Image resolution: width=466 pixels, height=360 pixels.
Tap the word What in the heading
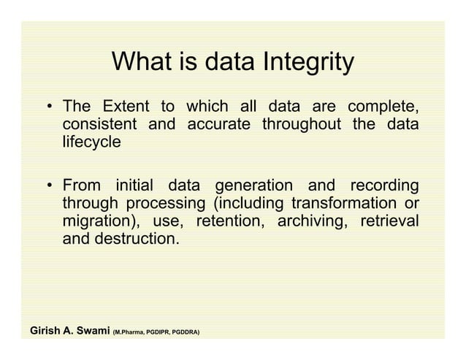point(140,64)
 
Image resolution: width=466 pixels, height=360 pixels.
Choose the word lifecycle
point(92,142)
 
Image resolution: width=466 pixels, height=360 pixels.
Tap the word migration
point(99,221)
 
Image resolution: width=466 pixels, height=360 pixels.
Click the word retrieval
point(389,221)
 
